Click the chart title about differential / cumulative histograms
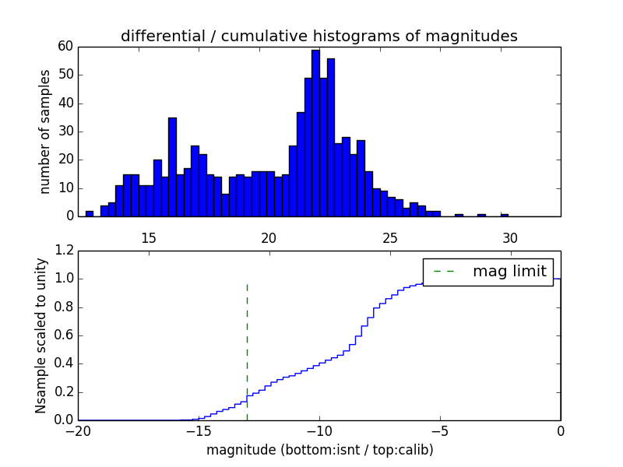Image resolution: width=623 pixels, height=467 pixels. pyautogui.click(x=319, y=36)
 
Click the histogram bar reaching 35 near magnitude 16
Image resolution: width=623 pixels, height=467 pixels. pyautogui.click(x=172, y=167)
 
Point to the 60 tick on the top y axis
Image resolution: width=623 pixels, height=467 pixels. pyautogui.click(x=65, y=47)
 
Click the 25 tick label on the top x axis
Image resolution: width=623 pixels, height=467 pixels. pyautogui.click(x=389, y=237)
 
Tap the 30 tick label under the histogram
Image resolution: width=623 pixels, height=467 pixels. pyautogui.click(x=510, y=237)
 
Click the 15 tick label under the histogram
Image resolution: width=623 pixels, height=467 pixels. pyautogui.click(x=149, y=237)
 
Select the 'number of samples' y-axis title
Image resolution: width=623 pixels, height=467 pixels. pyautogui.click(x=45, y=132)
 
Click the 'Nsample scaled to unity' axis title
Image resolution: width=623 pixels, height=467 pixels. pyautogui.click(x=40, y=335)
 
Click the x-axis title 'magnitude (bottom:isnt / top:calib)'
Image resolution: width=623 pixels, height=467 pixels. pyautogui.click(x=319, y=450)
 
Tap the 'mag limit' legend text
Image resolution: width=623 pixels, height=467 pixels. pyautogui.click(x=509, y=272)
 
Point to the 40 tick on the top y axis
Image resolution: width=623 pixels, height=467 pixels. pyautogui.click(x=65, y=104)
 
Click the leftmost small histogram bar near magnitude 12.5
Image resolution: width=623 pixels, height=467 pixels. pyautogui.click(x=90, y=213)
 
